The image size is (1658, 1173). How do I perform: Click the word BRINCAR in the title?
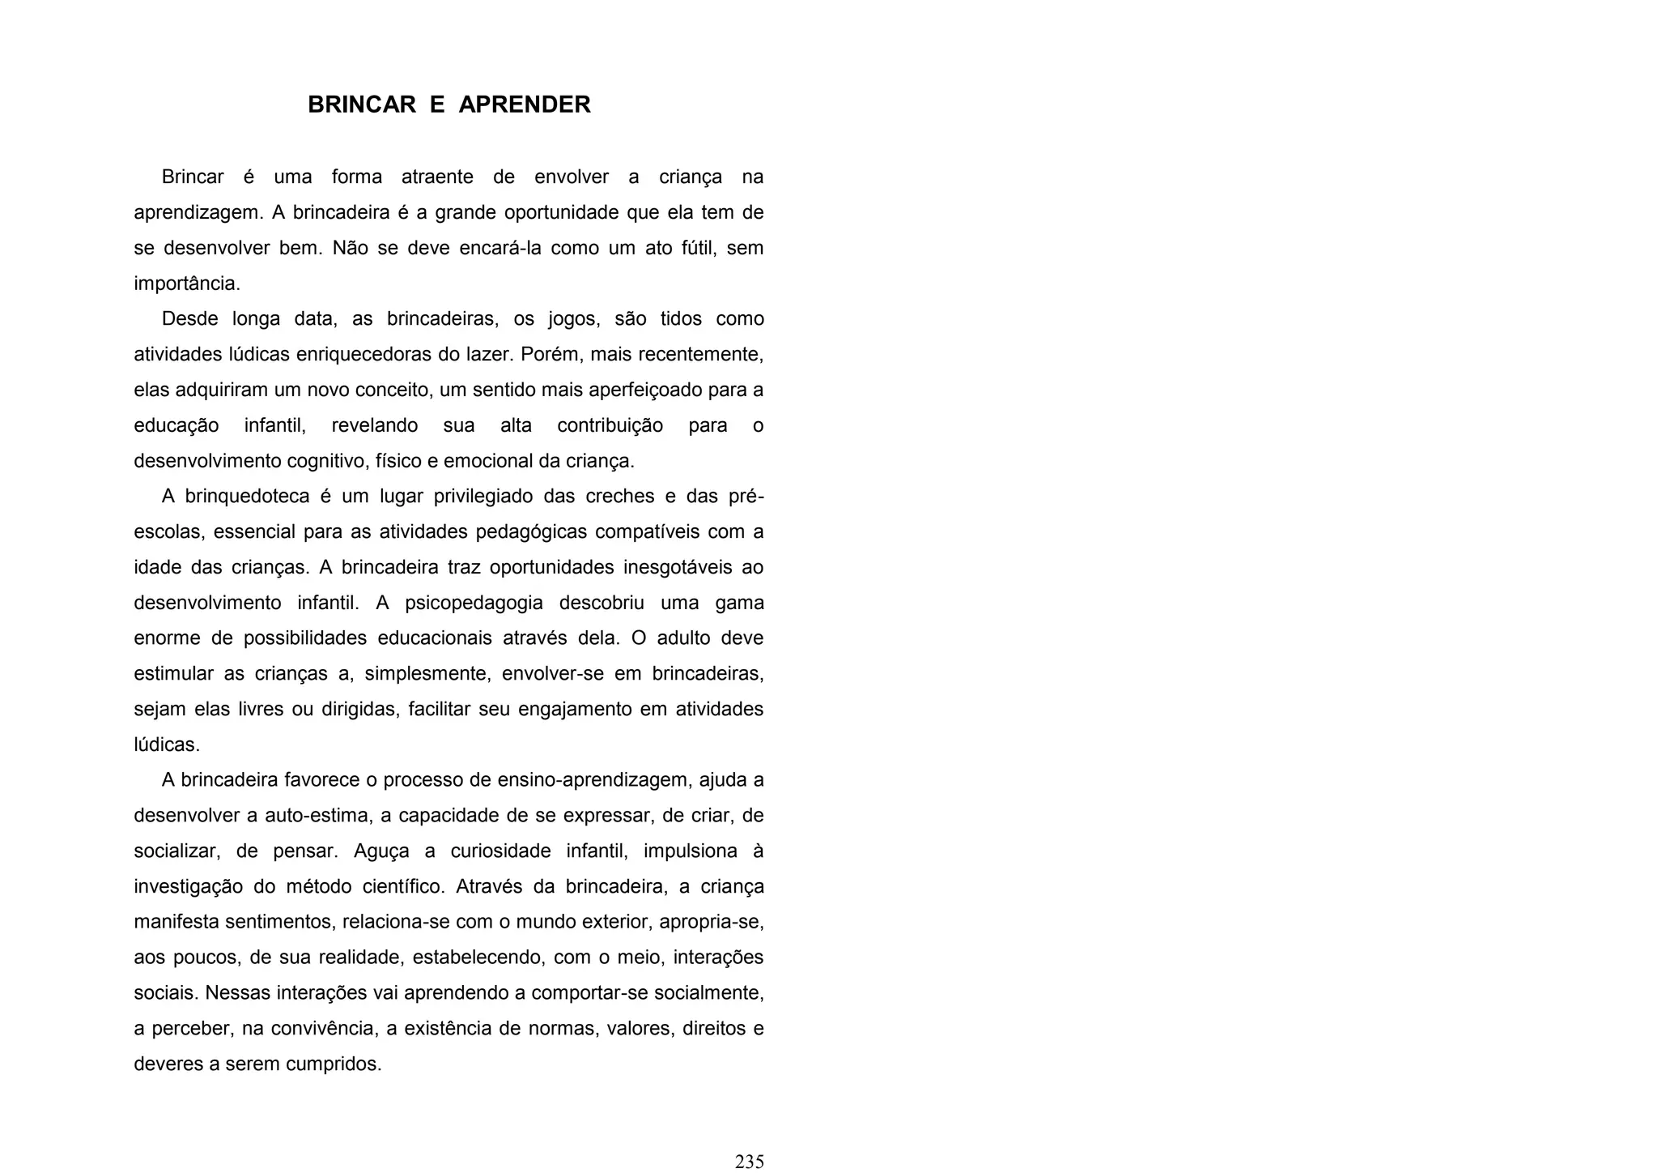click(x=362, y=105)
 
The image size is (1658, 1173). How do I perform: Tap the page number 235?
click(x=749, y=1162)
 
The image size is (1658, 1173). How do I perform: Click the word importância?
click(x=186, y=284)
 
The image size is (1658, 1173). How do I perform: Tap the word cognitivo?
click(x=328, y=461)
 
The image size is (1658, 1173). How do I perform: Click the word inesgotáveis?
click(x=678, y=567)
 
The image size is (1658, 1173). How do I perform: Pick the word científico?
click(x=403, y=886)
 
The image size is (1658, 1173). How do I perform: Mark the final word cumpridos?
click(x=334, y=1064)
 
